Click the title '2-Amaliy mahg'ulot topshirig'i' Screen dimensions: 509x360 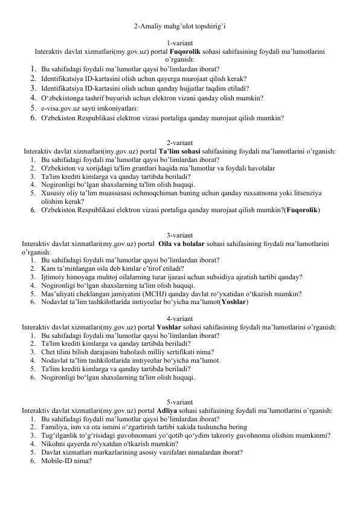pyautogui.click(x=180, y=26)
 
